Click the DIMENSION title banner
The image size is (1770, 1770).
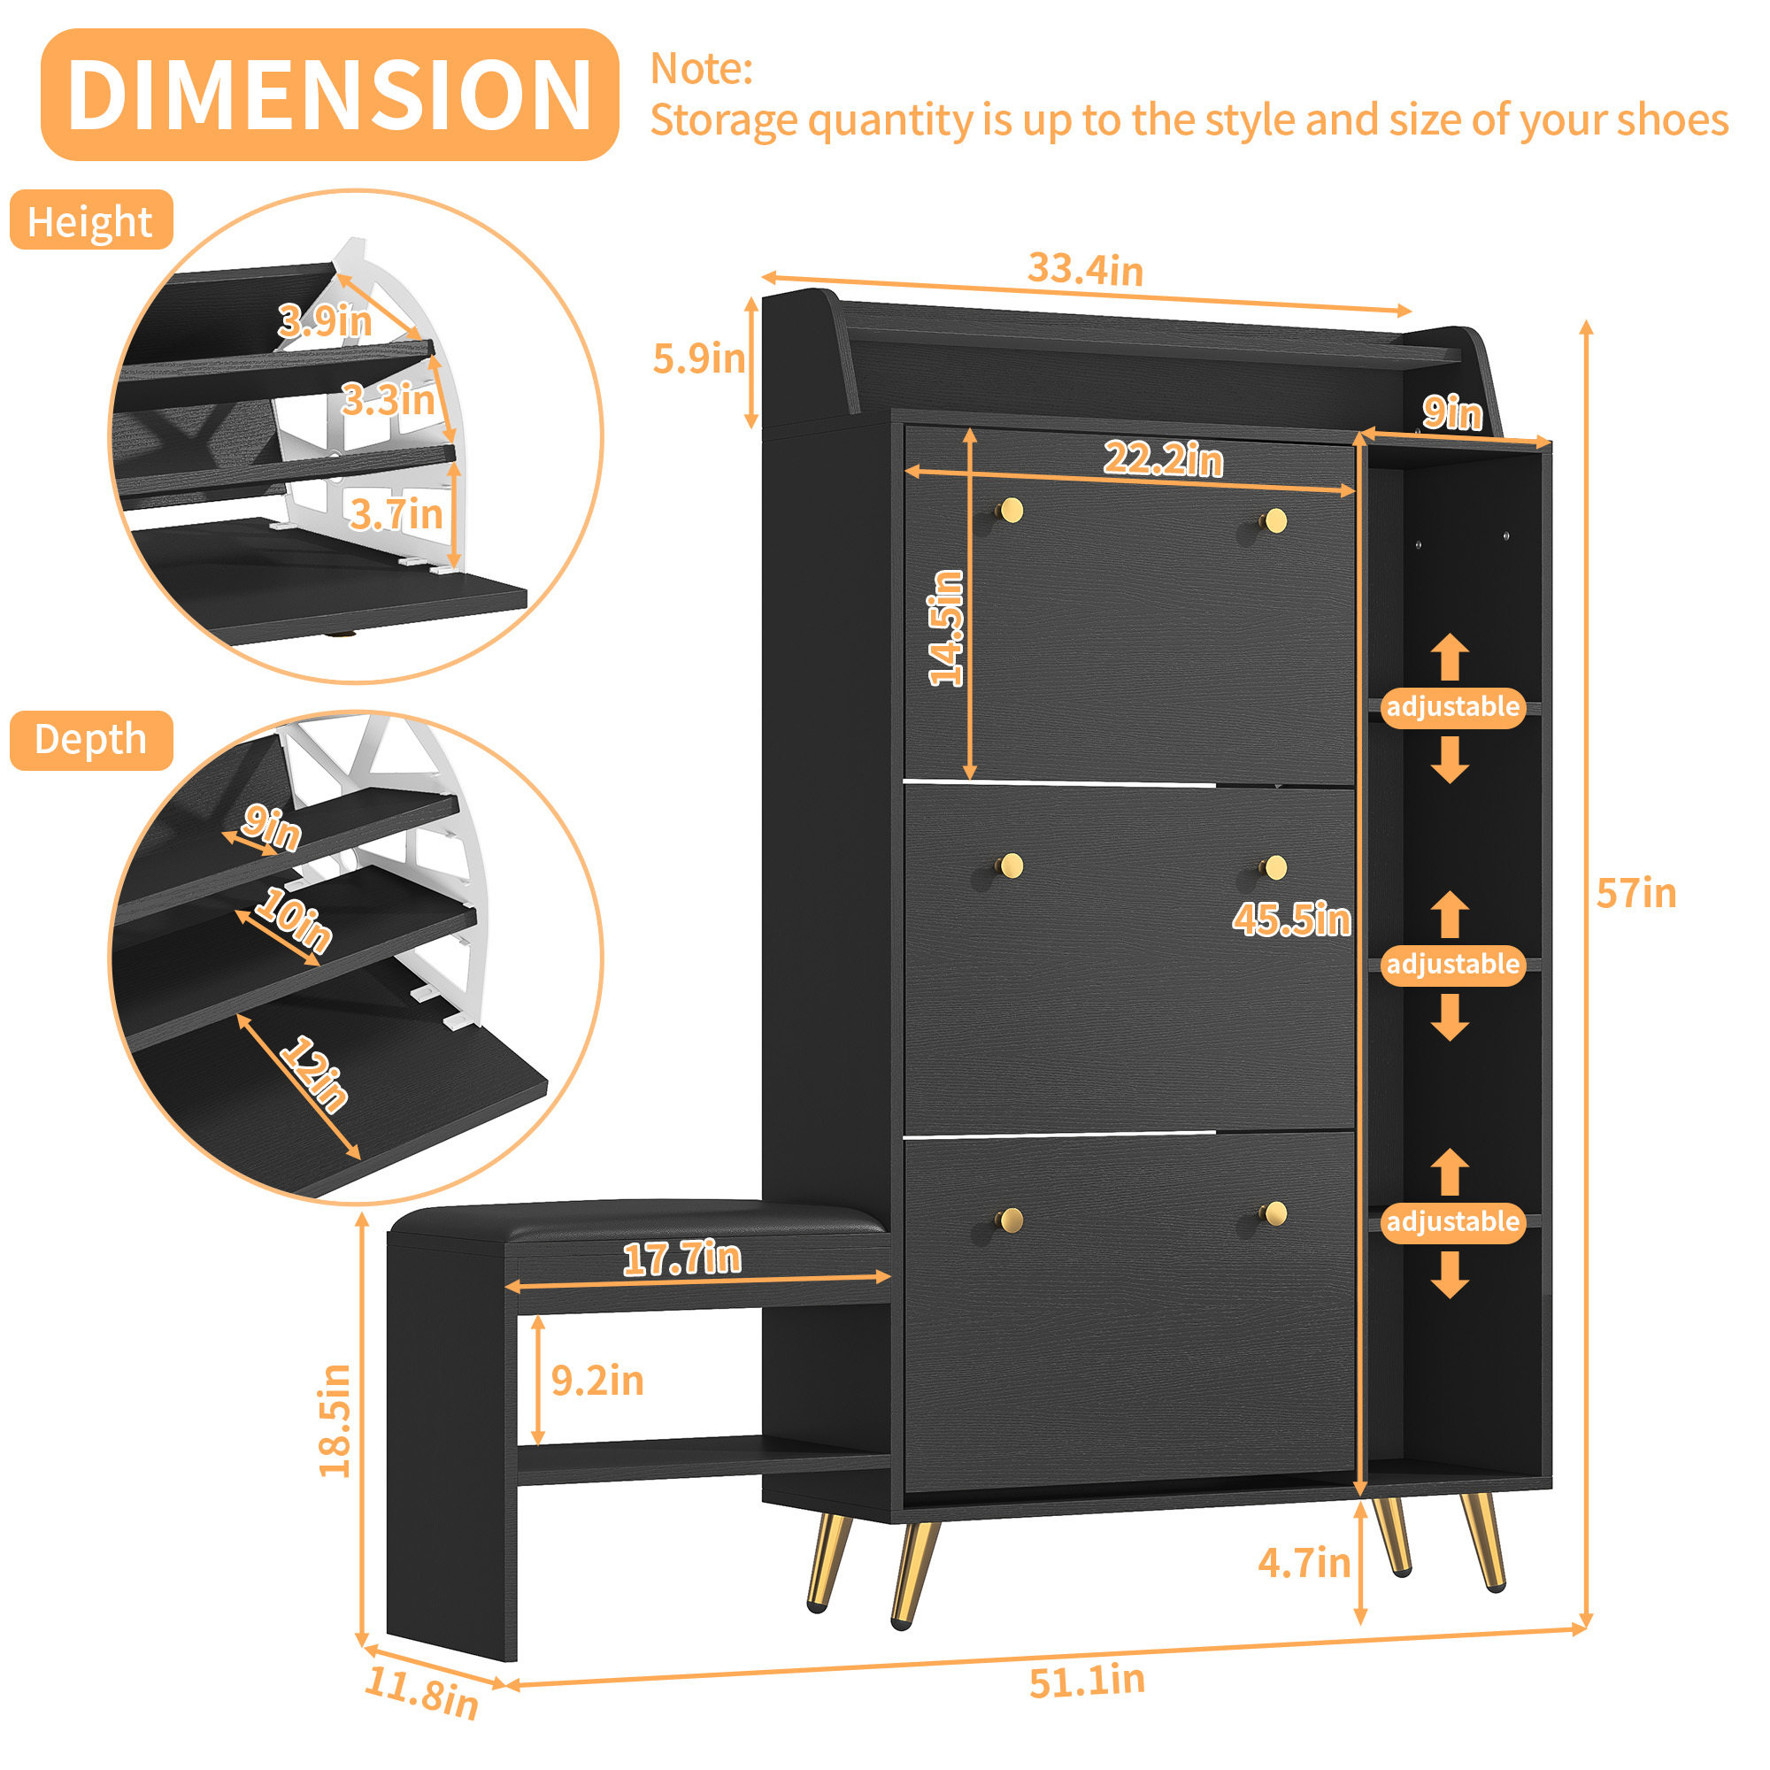330,95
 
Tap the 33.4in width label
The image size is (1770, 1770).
1085,269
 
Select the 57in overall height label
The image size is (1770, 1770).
1636,893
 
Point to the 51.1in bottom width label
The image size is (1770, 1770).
1087,1681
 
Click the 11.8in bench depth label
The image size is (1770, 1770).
421,1693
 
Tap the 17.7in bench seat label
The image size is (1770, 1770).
681,1258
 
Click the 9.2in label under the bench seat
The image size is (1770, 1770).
597,1381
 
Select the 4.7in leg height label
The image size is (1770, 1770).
1304,1563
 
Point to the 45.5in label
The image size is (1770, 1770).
1291,919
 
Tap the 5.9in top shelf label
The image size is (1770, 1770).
699,358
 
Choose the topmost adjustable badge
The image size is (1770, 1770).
1453,707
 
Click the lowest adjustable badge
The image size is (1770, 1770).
1453,1222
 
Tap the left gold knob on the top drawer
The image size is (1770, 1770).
1012,511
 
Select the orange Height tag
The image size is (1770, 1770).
90,220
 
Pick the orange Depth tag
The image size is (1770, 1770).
90,739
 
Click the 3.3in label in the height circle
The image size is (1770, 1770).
389,399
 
